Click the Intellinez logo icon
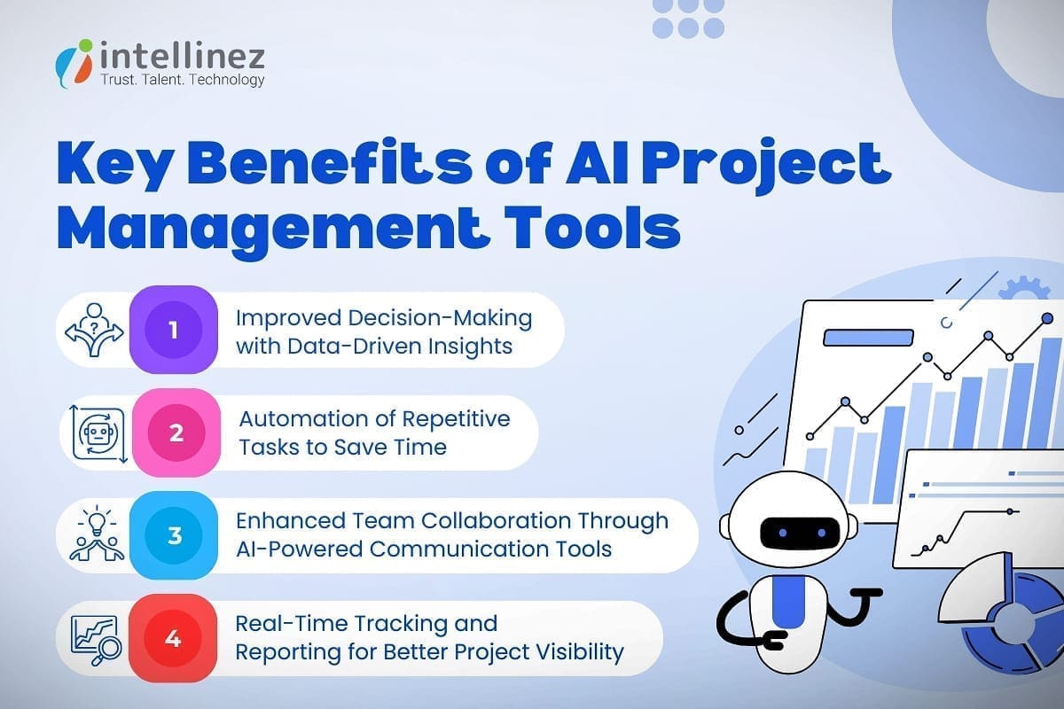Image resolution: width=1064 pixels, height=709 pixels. coord(74,61)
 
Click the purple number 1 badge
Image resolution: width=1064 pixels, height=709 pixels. coord(174,331)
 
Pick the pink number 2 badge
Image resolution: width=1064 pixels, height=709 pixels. coord(176,433)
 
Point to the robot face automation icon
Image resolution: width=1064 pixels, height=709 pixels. coord(95,433)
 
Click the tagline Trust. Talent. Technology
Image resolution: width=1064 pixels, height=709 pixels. coord(184,80)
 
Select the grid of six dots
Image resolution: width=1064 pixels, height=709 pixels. coord(688,18)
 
